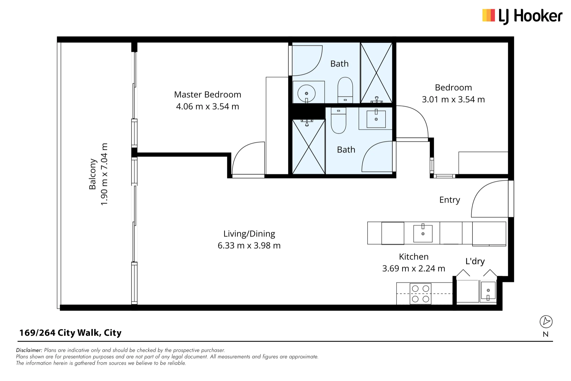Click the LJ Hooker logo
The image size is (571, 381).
click(x=522, y=16)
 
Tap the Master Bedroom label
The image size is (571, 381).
click(x=208, y=95)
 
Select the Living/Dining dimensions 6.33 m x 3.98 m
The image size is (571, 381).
click(x=249, y=246)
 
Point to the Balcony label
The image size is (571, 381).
click(x=93, y=174)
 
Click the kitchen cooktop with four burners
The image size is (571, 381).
click(x=420, y=294)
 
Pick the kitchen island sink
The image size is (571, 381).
click(x=423, y=233)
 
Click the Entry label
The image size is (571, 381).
click(x=450, y=200)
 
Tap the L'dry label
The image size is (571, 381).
click(x=475, y=261)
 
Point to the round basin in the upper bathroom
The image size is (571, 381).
click(x=306, y=93)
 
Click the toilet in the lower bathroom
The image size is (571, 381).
click(x=339, y=120)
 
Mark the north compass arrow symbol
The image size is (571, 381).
click(x=546, y=322)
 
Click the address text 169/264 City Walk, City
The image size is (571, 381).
click(x=70, y=333)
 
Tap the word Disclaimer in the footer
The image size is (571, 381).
click(x=29, y=350)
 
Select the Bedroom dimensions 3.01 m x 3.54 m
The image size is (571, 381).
click(x=453, y=99)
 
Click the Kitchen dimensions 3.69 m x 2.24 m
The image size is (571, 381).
click(x=414, y=268)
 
